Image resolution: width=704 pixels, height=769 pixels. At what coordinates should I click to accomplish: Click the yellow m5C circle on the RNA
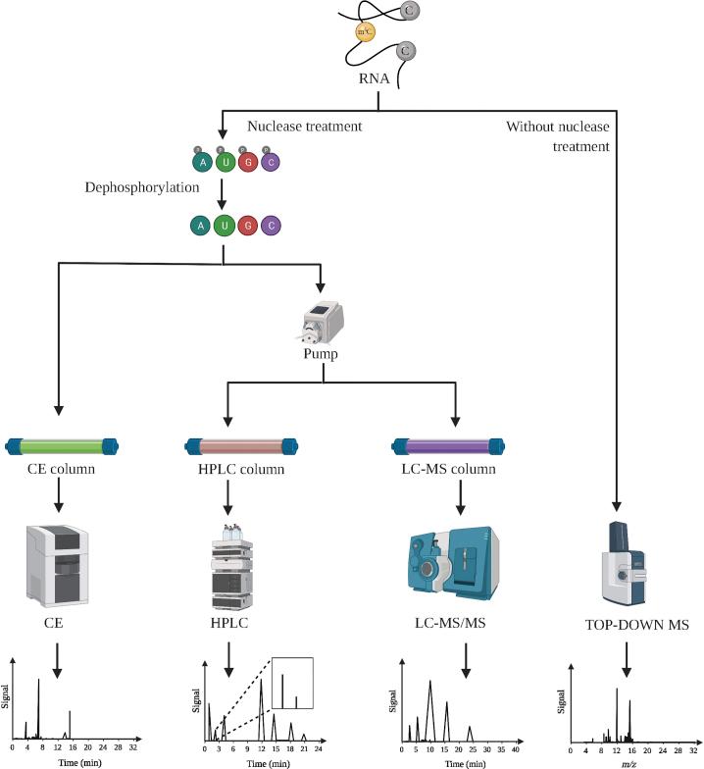tap(364, 32)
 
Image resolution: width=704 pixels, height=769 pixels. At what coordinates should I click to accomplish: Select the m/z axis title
tap(624, 761)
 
